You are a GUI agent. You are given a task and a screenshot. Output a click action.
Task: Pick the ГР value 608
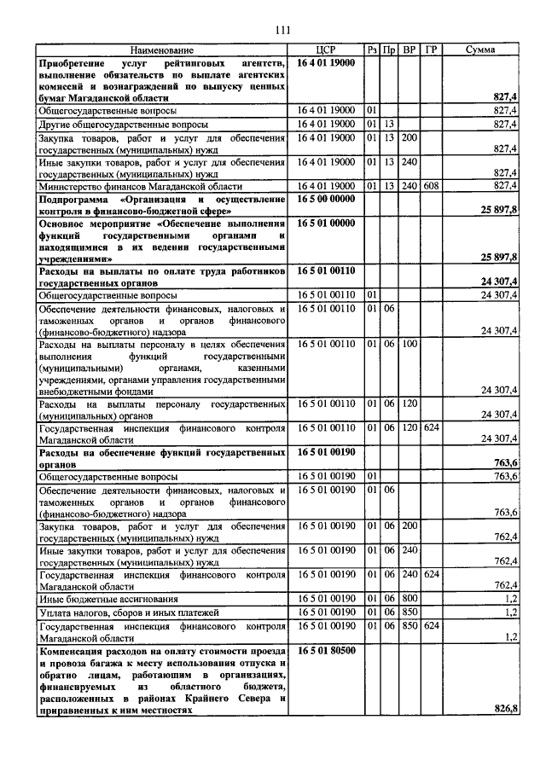point(431,185)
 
